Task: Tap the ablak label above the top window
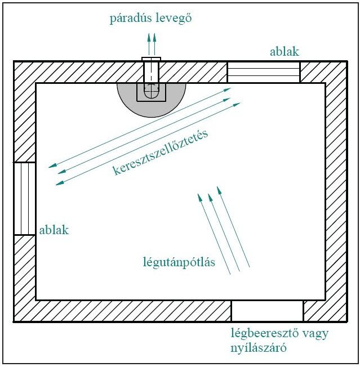pyautogui.click(x=285, y=52)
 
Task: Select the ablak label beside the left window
pyautogui.click(x=54, y=230)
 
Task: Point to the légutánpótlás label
pyautogui.click(x=179, y=262)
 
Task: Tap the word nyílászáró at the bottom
pyautogui.click(x=259, y=348)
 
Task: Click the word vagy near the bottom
pyautogui.click(x=315, y=334)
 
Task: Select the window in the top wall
pyautogui.click(x=264, y=72)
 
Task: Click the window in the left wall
pyautogui.click(x=25, y=199)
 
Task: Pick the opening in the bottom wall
pyautogui.click(x=267, y=311)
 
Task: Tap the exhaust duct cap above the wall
pyautogui.click(x=152, y=59)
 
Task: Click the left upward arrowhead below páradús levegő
pyautogui.click(x=149, y=38)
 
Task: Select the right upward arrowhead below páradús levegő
pyautogui.click(x=154, y=38)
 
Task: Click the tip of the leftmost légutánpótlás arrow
pyautogui.click(x=198, y=194)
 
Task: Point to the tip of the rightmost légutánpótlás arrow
pyautogui.click(x=217, y=186)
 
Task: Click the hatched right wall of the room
pyautogui.click(x=336, y=191)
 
